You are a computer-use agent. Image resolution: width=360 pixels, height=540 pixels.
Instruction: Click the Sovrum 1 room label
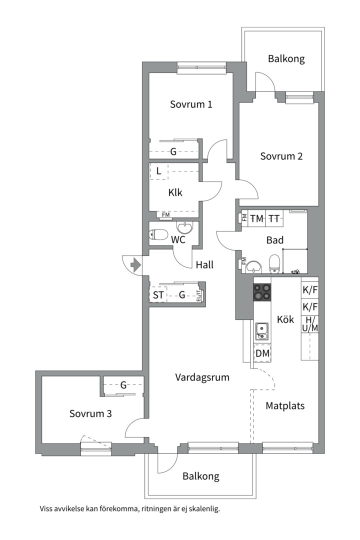(x=191, y=104)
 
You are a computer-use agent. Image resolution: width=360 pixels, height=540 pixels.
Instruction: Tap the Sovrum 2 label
(x=281, y=156)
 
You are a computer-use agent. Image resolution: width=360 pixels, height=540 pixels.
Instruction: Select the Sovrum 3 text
(x=90, y=413)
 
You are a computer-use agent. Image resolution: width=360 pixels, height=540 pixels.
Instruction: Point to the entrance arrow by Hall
(x=135, y=265)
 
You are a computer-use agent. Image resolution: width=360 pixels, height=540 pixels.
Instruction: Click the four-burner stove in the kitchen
(x=262, y=292)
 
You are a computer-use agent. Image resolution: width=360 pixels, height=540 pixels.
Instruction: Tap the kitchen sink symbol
(x=262, y=331)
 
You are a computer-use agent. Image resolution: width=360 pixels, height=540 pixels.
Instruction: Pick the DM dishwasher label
(x=262, y=353)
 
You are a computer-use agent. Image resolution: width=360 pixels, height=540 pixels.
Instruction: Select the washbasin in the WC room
(x=185, y=227)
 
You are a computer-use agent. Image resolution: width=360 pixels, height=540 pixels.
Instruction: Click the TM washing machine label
(x=256, y=218)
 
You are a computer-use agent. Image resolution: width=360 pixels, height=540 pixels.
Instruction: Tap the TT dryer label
(x=274, y=218)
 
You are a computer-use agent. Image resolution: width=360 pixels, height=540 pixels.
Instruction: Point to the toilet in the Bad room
(x=274, y=263)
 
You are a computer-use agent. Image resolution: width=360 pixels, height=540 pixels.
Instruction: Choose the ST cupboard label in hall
(x=158, y=295)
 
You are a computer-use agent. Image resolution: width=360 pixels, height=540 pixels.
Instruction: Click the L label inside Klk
(x=158, y=171)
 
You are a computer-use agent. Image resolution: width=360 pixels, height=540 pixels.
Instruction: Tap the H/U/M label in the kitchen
(x=310, y=324)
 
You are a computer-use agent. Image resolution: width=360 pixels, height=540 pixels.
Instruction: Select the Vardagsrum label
(x=202, y=377)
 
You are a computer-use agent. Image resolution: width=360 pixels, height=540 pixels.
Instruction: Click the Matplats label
(x=285, y=406)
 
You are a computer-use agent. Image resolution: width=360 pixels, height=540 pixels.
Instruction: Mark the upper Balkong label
(x=286, y=59)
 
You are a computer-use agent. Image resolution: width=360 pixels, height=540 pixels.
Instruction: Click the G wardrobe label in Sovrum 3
(x=123, y=385)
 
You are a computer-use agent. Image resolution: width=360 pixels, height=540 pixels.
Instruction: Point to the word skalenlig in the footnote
(x=204, y=508)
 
